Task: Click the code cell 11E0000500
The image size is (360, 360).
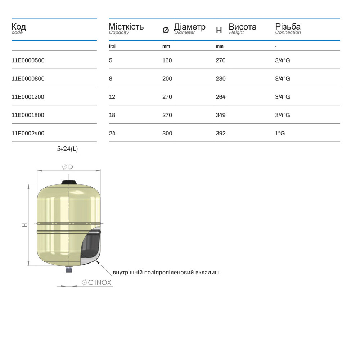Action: point(28,60)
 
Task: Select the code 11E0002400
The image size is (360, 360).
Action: point(28,134)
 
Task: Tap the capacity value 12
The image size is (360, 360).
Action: point(112,97)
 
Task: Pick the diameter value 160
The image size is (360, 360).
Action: point(167,60)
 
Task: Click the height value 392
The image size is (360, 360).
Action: point(220,134)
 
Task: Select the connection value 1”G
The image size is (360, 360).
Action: point(280,134)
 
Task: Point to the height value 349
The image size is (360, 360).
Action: point(220,115)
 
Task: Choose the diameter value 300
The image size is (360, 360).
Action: point(167,134)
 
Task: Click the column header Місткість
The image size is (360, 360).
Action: point(126,27)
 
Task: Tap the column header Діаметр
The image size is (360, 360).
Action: point(189,27)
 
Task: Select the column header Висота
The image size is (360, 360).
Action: point(242,27)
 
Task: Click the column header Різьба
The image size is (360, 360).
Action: point(288,27)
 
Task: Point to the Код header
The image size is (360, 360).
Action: point(19,27)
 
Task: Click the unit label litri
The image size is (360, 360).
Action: point(112,46)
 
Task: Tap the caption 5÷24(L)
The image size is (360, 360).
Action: point(67,149)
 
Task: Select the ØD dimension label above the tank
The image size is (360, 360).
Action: point(68,167)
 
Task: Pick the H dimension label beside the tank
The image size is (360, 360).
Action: point(24,225)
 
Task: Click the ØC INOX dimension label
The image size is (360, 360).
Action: point(96,283)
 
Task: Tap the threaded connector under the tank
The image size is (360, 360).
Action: point(69,269)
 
